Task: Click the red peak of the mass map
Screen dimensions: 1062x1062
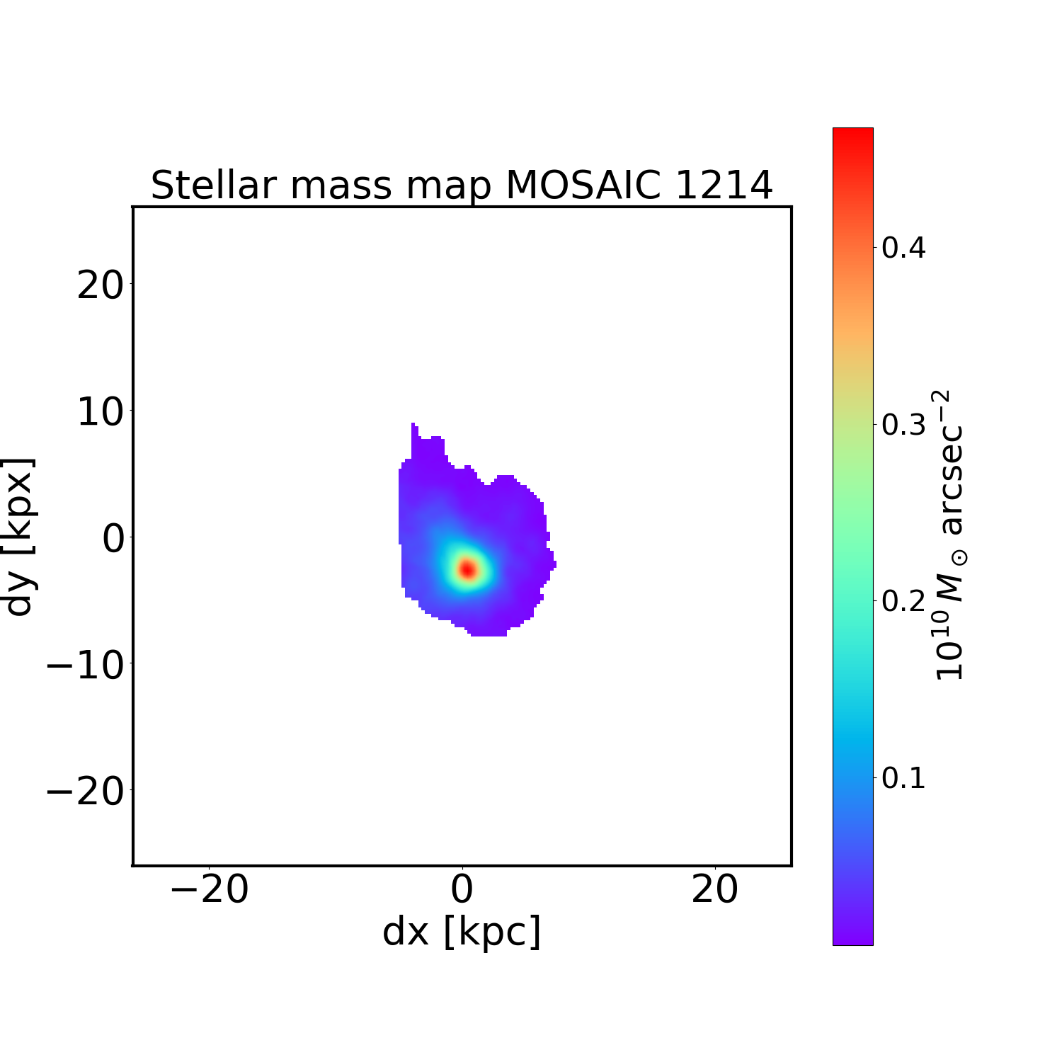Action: pos(467,569)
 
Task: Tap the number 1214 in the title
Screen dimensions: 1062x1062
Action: pos(723,186)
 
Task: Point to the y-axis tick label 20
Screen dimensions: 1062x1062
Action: pos(100,286)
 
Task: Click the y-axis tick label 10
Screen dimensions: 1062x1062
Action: pos(100,412)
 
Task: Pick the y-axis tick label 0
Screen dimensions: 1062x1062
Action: pos(113,539)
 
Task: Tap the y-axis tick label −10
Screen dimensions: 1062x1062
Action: pos(84,666)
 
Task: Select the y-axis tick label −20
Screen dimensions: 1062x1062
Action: pos(84,792)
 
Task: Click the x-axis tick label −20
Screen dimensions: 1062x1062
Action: pos(210,889)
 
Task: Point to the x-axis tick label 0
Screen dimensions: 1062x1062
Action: pos(462,889)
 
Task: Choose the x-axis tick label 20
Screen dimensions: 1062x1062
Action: pos(715,889)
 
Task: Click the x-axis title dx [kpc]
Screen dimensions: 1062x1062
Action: pos(462,932)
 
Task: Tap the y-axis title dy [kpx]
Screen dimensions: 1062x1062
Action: pos(19,536)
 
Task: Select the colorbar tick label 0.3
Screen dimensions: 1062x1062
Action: pos(903,425)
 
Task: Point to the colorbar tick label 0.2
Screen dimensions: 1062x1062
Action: pos(903,601)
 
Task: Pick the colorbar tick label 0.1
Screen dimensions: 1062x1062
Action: pos(903,777)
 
